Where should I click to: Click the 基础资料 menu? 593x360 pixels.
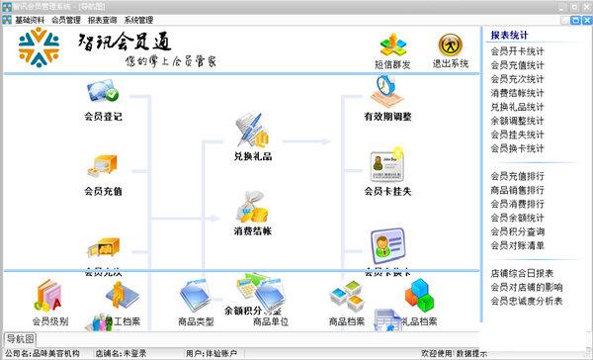coord(30,20)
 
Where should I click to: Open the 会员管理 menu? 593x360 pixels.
coord(66,20)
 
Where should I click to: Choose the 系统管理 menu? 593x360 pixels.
coord(139,20)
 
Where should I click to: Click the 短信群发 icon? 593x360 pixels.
coord(394,45)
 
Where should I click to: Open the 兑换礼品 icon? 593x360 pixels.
coord(251,130)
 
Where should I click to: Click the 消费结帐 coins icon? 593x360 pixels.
coord(251,209)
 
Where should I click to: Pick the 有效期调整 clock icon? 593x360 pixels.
coord(386,91)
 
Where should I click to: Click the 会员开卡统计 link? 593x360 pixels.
coord(517,50)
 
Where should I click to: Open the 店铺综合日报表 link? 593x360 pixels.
coord(522,273)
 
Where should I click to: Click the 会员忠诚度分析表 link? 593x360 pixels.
coord(527,301)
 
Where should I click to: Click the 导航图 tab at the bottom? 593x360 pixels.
coord(20,339)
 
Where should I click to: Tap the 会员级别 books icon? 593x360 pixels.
coord(49,297)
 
